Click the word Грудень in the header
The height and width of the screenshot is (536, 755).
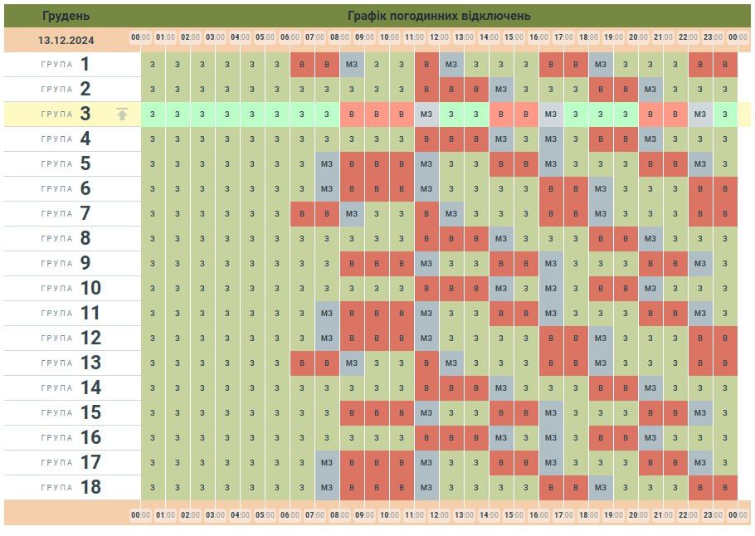click(66, 15)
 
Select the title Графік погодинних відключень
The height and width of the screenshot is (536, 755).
click(440, 15)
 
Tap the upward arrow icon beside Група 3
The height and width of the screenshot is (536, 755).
click(122, 115)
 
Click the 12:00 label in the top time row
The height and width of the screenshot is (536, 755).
click(440, 37)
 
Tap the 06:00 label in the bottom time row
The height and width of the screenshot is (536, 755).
click(290, 514)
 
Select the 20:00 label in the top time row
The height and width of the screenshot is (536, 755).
click(638, 37)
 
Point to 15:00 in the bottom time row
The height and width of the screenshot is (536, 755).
click(514, 514)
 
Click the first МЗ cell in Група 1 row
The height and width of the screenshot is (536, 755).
click(352, 65)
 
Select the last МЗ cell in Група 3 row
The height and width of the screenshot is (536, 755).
click(700, 115)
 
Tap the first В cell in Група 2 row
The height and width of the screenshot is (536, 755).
click(426, 90)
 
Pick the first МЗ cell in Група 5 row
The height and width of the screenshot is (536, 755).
click(327, 163)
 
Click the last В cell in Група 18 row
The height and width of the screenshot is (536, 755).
click(725, 487)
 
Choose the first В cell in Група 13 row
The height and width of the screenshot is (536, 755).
click(302, 363)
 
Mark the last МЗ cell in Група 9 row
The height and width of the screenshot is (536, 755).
click(700, 263)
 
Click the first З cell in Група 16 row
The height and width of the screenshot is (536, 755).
click(153, 437)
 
